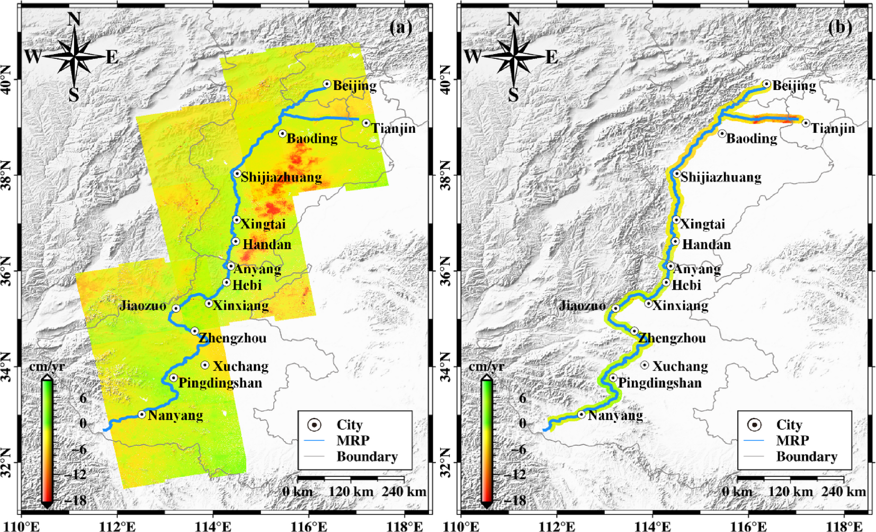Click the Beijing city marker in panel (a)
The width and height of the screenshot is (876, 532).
click(327, 84)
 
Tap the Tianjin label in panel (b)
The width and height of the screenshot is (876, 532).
click(833, 128)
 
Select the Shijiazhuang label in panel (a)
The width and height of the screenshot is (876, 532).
click(281, 177)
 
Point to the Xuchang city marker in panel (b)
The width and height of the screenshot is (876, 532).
click(645, 365)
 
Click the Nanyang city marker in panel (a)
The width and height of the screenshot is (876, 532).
click(142, 414)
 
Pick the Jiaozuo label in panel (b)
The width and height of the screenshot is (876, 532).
click(582, 305)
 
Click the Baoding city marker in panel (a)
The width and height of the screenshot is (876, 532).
click(282, 133)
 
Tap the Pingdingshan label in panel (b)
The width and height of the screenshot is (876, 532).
click(659, 383)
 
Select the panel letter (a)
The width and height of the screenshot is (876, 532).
click(400, 27)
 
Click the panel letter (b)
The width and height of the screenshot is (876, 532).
click(840, 27)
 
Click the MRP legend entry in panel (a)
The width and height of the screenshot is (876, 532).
click(353, 440)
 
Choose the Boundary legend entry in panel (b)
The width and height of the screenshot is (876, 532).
click(807, 456)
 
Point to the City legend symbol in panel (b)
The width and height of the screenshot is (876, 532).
click(754, 425)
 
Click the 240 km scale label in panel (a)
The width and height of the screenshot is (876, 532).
click(404, 492)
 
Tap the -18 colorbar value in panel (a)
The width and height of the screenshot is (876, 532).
click(75, 500)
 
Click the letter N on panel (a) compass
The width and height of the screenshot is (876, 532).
click(74, 19)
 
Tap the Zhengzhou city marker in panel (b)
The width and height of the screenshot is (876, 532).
click(634, 331)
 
